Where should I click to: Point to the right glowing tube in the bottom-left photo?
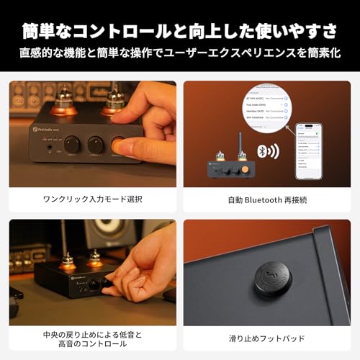[x=95, y=259]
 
